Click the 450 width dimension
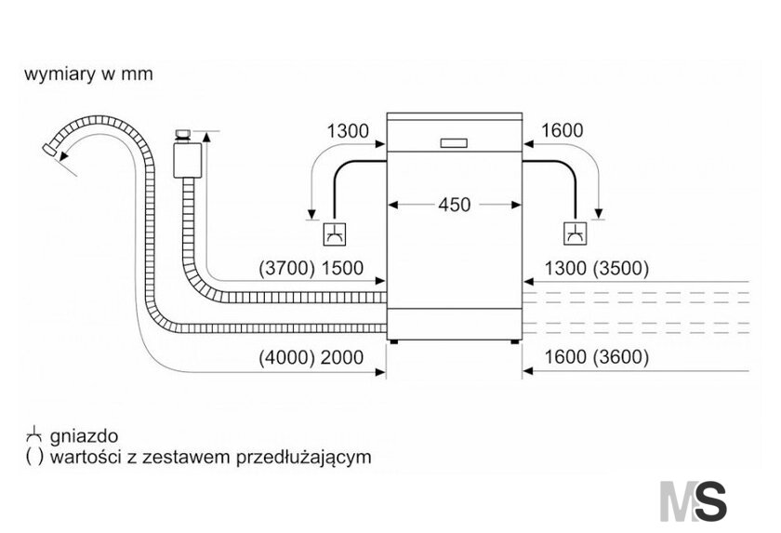click(x=455, y=205)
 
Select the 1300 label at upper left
click(x=348, y=131)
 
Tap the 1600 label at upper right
click(x=562, y=130)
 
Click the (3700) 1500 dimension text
click(x=311, y=268)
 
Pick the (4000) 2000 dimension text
click(x=311, y=357)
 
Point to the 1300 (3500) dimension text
click(x=597, y=268)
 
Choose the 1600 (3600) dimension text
click(x=597, y=357)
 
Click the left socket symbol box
click(x=334, y=233)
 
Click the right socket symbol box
click(x=576, y=233)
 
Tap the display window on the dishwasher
click(x=454, y=143)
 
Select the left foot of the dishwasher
click(x=394, y=342)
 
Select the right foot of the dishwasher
click(x=514, y=342)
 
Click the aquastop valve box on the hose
click(x=187, y=160)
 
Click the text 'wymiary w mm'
click(x=88, y=74)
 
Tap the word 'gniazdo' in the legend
click(x=85, y=437)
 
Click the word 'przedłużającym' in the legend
click(x=303, y=457)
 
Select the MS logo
click(x=693, y=500)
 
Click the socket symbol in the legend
click(x=33, y=435)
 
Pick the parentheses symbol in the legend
click(x=34, y=457)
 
